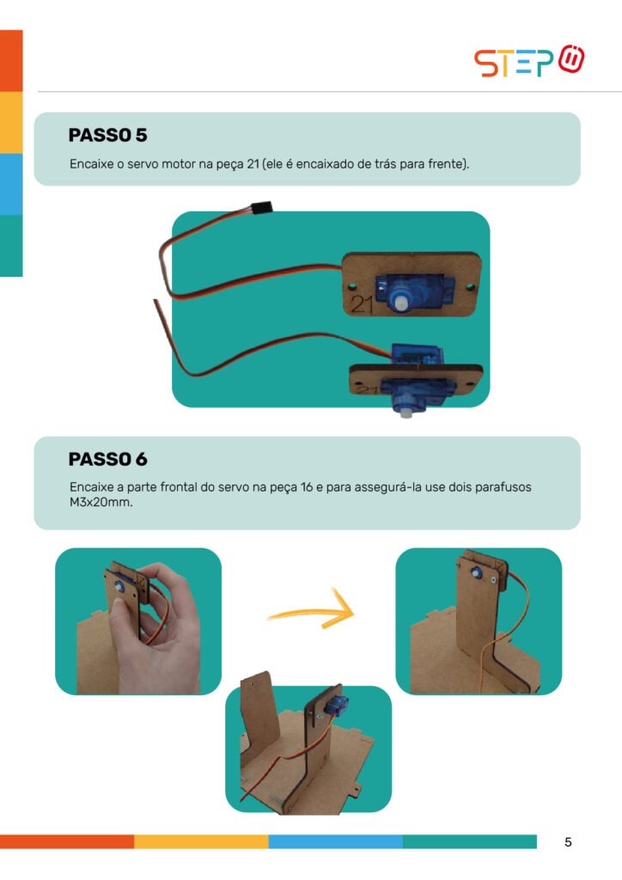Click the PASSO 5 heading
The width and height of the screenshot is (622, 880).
(x=107, y=135)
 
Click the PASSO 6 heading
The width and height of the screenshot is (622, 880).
(x=107, y=459)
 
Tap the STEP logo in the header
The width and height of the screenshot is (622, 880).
(x=529, y=61)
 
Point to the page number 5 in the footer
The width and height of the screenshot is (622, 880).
(x=568, y=842)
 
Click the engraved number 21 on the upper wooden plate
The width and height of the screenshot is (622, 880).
(x=362, y=303)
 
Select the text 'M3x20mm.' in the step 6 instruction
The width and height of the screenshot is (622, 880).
(x=101, y=502)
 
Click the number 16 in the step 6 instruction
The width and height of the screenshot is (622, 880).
(x=306, y=487)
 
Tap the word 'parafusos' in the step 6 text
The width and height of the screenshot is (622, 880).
(x=503, y=487)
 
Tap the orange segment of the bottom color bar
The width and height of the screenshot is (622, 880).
(x=67, y=842)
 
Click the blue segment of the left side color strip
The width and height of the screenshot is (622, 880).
(x=11, y=184)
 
